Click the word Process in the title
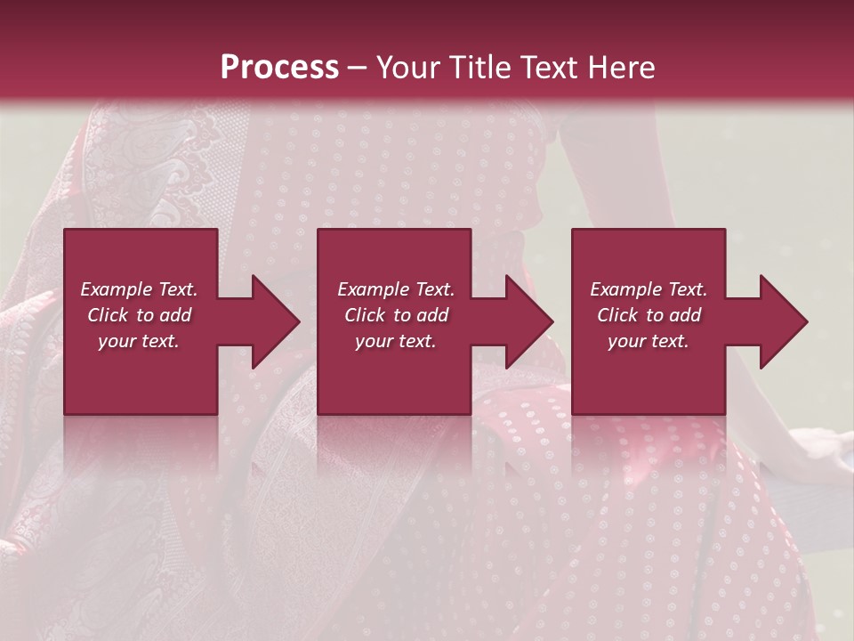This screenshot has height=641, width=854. [x=279, y=68]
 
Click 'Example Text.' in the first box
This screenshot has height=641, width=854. [x=139, y=289]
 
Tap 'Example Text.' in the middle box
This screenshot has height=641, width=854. [x=396, y=289]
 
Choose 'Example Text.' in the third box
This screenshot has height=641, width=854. [x=649, y=289]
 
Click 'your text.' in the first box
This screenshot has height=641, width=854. [x=139, y=341]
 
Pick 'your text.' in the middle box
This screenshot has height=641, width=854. [x=396, y=341]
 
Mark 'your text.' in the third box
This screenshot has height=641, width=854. [x=649, y=341]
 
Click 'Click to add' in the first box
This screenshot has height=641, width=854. [x=139, y=315]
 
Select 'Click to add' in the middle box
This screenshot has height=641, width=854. [x=396, y=315]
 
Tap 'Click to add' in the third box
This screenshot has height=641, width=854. [x=649, y=315]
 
